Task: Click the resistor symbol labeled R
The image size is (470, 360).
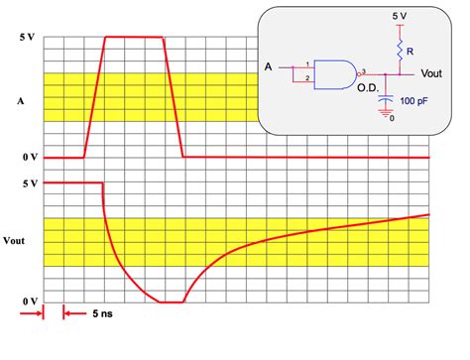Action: click(x=400, y=51)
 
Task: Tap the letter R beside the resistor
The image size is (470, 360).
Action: click(x=411, y=52)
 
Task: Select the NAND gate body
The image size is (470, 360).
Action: click(x=335, y=74)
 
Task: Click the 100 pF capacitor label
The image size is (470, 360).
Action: click(x=413, y=101)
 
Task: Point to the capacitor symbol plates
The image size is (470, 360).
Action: click(x=386, y=98)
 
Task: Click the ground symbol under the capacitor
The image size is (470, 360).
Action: click(x=385, y=113)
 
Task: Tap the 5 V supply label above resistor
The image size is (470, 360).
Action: click(x=400, y=16)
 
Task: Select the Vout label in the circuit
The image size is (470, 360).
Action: click(x=431, y=73)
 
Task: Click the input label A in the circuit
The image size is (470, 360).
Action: click(x=268, y=67)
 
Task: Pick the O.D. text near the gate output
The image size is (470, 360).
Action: click(x=368, y=88)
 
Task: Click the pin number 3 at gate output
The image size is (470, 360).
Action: click(x=364, y=71)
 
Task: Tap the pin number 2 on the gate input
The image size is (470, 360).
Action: click(x=307, y=78)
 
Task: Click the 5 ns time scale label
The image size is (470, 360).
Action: click(x=102, y=313)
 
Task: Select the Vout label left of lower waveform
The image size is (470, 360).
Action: click(x=14, y=241)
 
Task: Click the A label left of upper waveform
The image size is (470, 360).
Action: click(x=21, y=101)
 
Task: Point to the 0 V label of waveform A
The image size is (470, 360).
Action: click(x=30, y=157)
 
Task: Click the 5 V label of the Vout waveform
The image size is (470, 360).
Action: click(x=30, y=183)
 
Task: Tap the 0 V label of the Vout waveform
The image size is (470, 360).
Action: click(x=30, y=301)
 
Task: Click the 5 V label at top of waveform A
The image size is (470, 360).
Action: click(x=27, y=37)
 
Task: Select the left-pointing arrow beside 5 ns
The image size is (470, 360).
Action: click(x=74, y=313)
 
